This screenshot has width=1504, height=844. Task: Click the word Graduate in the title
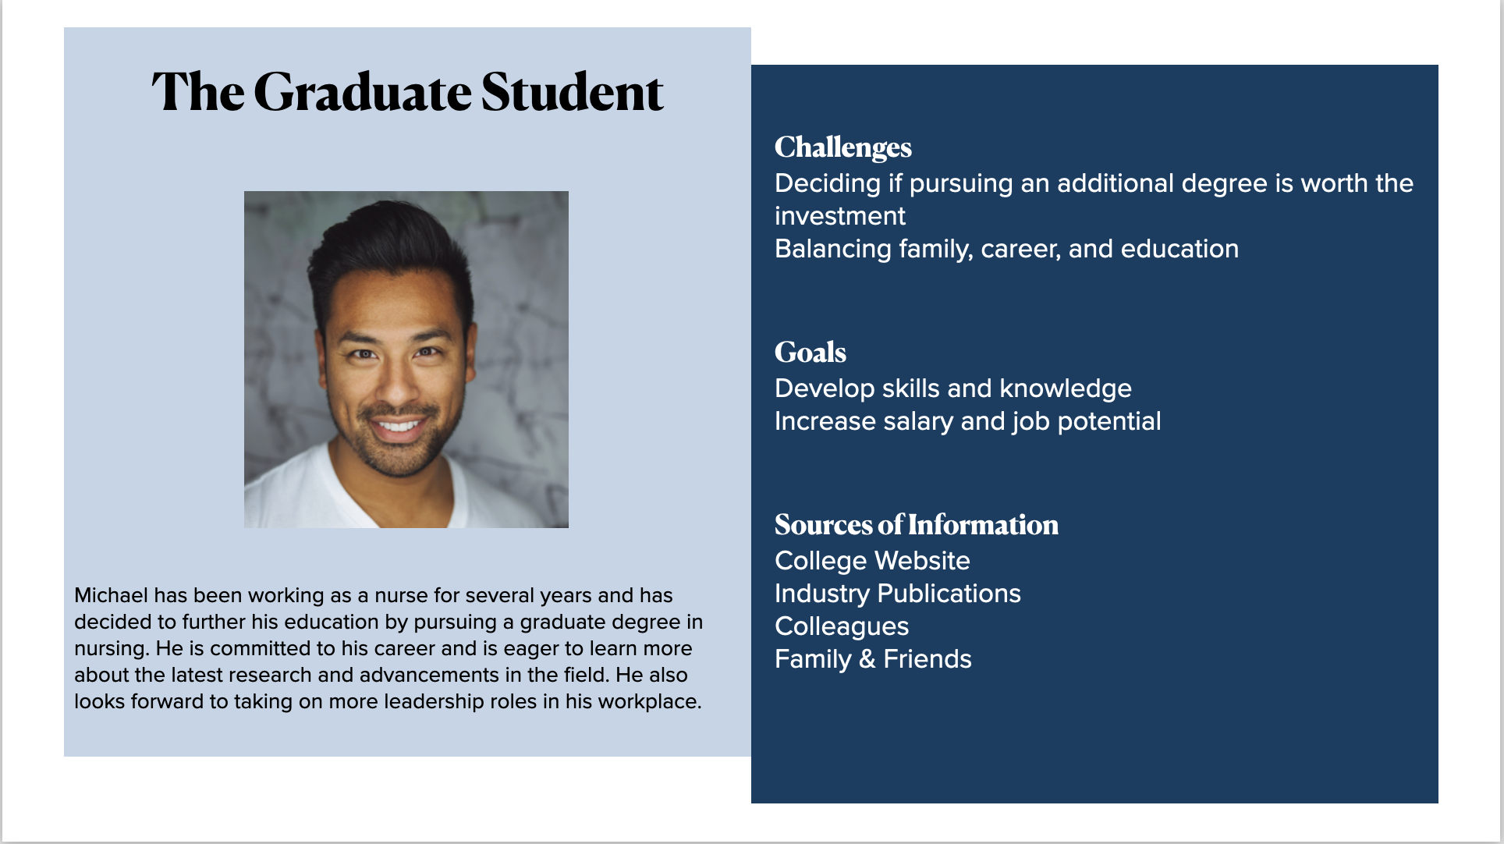pos(363,92)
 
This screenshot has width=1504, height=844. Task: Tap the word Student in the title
pos(572,92)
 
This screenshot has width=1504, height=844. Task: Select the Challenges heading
pos(843,147)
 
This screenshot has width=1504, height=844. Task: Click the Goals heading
pos(811,353)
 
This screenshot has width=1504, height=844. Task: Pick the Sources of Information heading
pos(917,525)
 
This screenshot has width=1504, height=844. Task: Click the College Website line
pos(872,561)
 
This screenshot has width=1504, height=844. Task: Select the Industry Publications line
pos(898,594)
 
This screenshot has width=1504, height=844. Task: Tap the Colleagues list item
pos(842,627)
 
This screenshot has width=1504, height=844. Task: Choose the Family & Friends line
pos(873,659)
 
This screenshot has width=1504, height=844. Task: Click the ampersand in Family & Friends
pos(867,659)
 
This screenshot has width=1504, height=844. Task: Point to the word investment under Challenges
pos(840,216)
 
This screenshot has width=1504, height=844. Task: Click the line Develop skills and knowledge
pos(953,388)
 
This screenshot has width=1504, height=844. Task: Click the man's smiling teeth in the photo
pos(399,426)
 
